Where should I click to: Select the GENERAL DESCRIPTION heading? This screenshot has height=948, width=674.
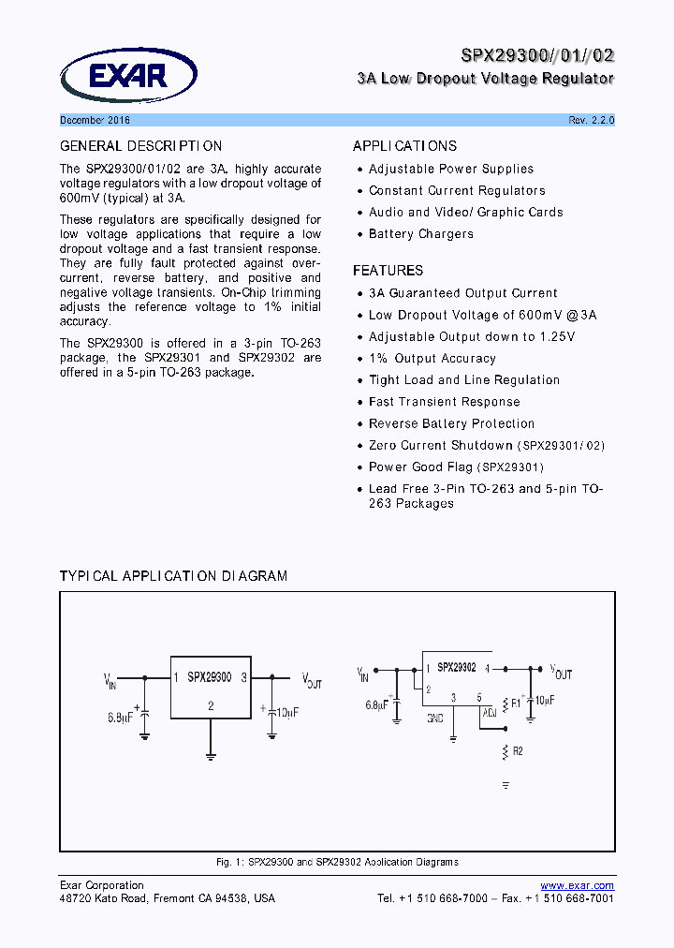141,146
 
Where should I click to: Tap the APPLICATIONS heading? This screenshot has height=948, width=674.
404,146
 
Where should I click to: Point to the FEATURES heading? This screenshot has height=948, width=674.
388,271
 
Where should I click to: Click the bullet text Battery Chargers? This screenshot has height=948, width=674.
420,234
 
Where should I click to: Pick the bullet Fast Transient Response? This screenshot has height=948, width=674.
444,402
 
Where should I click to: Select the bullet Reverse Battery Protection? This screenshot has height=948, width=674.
451,423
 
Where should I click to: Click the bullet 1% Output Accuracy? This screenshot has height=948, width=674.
432,359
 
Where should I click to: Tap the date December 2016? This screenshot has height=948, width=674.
95,121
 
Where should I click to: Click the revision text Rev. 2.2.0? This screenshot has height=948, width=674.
591,121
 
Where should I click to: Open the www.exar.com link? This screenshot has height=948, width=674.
578,885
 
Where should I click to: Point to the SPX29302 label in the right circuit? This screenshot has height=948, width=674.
457,668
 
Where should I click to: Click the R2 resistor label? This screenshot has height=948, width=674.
518,751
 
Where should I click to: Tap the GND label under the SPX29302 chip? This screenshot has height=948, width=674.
434,718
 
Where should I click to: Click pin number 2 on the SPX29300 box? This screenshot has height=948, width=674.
211,705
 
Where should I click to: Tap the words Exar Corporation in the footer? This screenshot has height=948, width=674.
102,885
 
